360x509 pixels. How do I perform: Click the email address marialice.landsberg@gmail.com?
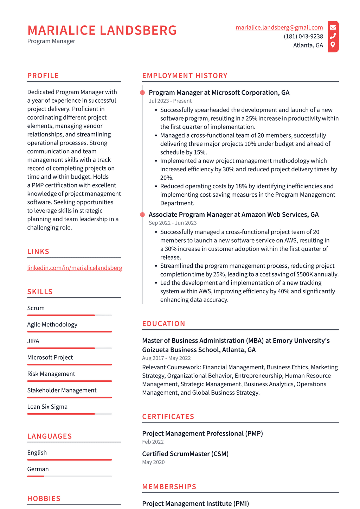(x=279, y=27)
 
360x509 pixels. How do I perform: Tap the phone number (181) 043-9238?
(x=303, y=36)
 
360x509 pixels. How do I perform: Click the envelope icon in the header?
(x=333, y=27)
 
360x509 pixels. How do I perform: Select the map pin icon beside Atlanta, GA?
(x=333, y=45)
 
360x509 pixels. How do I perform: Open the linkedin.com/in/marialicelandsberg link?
(x=75, y=268)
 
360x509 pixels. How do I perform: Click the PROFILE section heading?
(x=43, y=76)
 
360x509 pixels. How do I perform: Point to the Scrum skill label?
(x=36, y=308)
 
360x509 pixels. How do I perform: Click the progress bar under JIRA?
(x=69, y=348)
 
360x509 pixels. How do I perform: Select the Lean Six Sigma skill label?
(x=47, y=407)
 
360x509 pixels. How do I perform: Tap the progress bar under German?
(x=69, y=476)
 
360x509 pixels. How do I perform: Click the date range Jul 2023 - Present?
(x=170, y=101)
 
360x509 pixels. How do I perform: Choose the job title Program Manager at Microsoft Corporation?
(x=219, y=93)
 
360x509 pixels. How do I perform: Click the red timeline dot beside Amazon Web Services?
(x=142, y=215)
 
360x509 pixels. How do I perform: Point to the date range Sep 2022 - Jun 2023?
(x=173, y=223)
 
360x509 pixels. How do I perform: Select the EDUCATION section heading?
(x=163, y=324)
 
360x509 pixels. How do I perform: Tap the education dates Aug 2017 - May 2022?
(x=166, y=358)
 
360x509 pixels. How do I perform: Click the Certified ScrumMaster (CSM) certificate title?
(x=185, y=454)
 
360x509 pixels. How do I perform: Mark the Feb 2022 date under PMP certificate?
(x=153, y=442)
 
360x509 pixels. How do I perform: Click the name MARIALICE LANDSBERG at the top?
(x=102, y=30)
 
